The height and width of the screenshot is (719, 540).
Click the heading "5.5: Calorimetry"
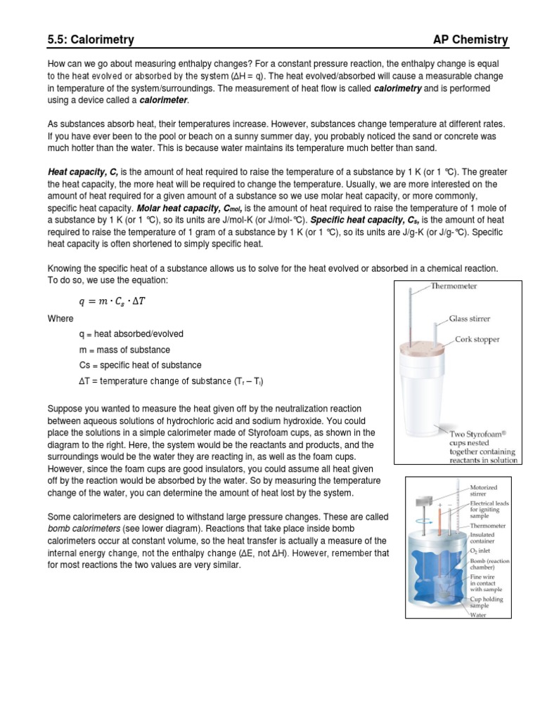point(90,39)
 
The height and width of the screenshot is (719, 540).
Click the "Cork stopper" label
point(477,340)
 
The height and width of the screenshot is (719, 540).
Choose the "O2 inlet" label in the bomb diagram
point(482,551)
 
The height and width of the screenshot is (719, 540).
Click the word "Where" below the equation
point(60,319)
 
